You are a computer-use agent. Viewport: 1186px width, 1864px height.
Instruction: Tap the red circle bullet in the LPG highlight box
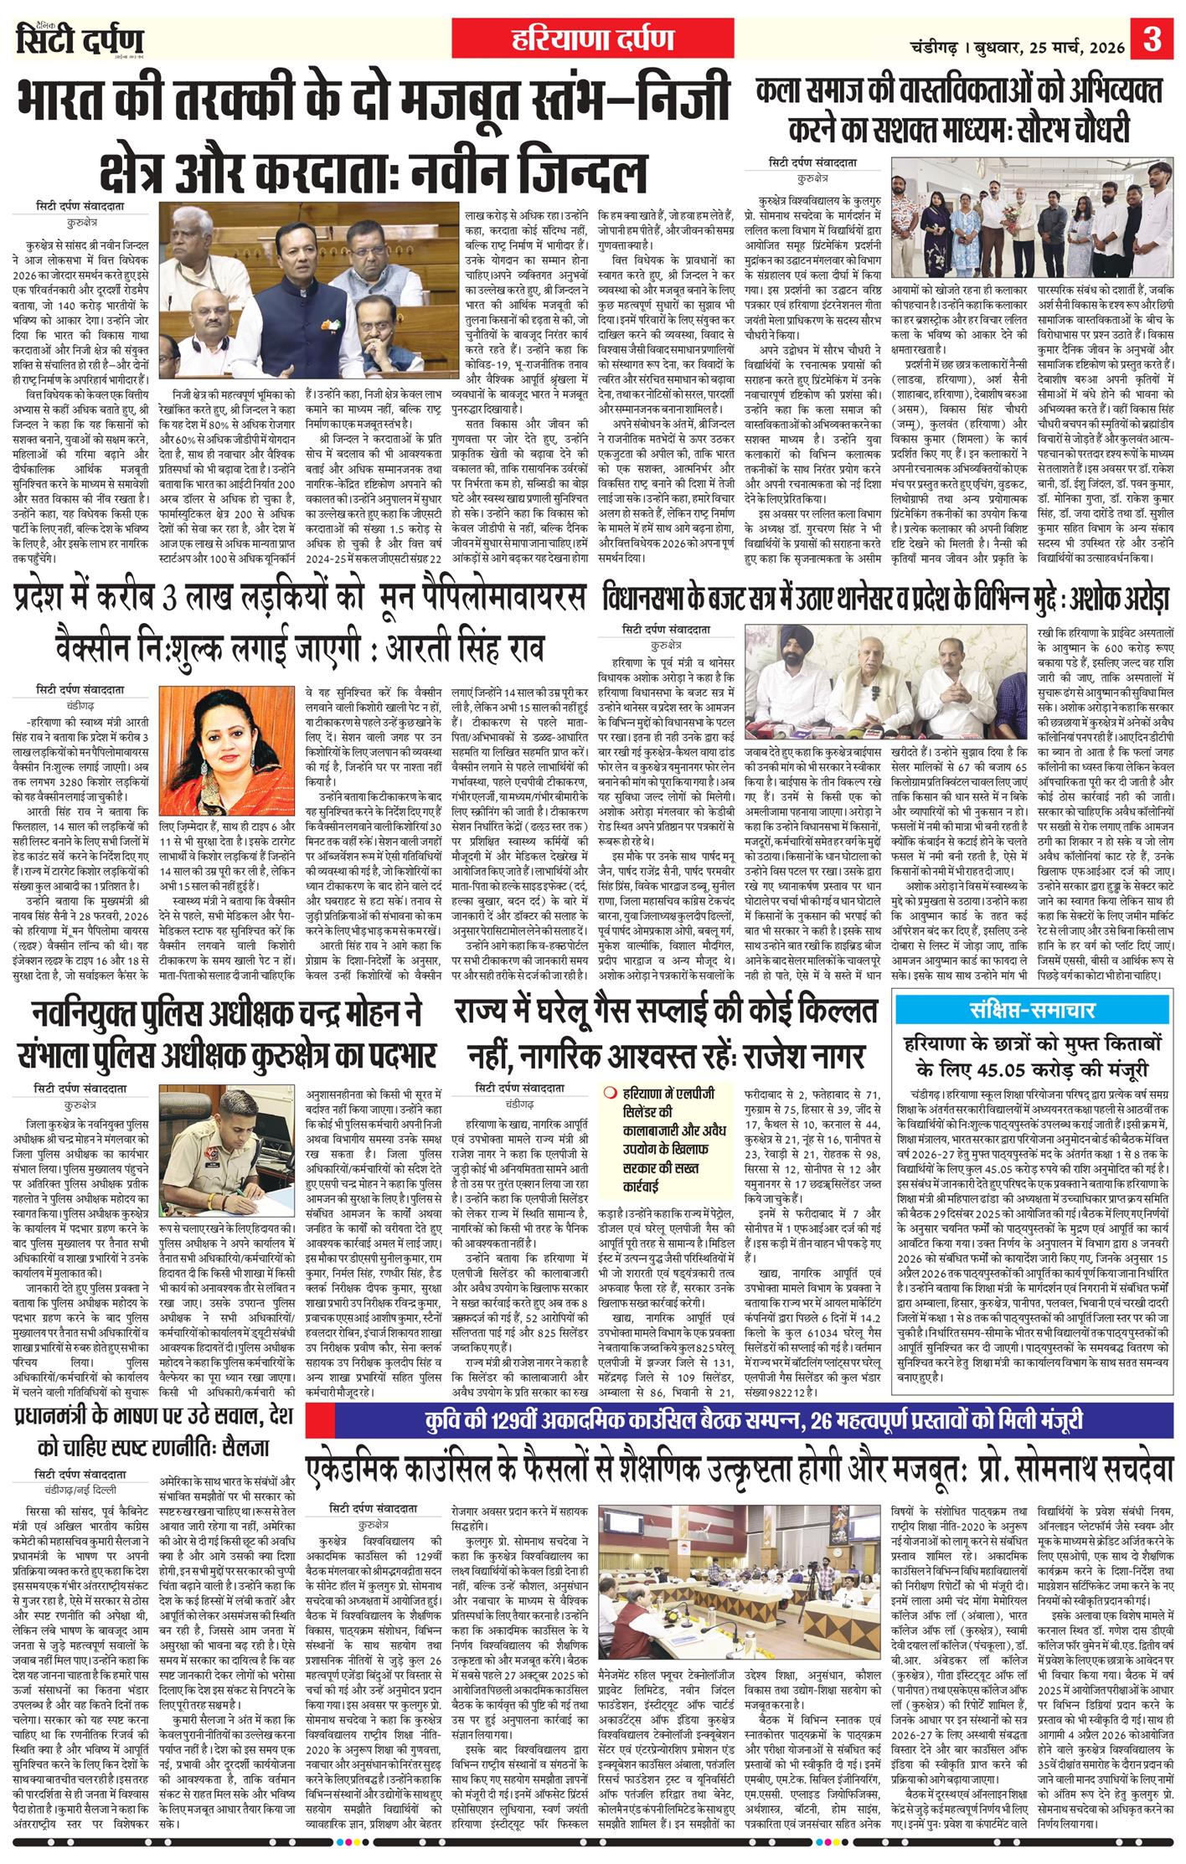611,1092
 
